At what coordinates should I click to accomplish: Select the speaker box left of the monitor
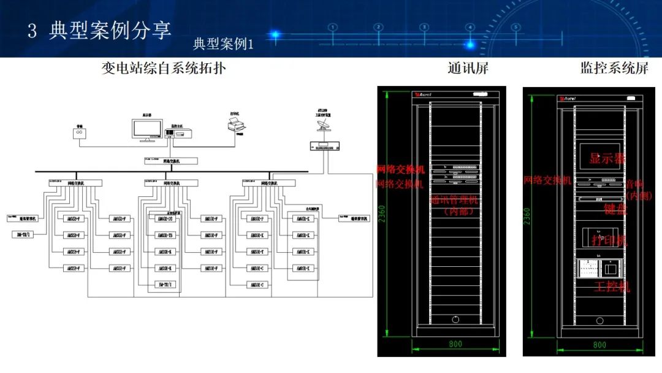pos(79,133)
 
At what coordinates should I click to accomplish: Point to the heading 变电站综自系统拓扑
pos(164,68)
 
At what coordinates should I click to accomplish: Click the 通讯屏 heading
pos(468,68)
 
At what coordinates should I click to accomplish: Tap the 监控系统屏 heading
pos(614,68)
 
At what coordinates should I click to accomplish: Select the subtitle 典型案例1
pos(223,44)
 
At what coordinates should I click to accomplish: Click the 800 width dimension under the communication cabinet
pos(455,344)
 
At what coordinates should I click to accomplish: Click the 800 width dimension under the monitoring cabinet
pos(599,345)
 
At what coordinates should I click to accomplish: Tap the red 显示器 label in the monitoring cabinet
pos(607,158)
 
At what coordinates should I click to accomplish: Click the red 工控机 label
pos(611,286)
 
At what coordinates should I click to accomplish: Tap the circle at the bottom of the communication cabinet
pos(455,320)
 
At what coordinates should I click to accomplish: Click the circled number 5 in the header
pos(516,27)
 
